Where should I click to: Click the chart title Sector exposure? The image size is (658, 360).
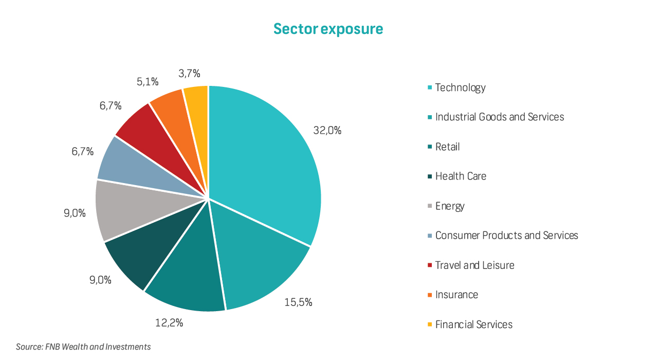(x=328, y=29)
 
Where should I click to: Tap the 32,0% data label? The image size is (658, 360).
(x=327, y=131)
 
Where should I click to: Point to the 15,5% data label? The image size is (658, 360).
(x=298, y=302)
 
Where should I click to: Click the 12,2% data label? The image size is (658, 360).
(x=169, y=323)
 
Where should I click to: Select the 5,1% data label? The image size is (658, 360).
(x=148, y=81)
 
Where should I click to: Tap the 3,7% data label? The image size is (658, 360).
(x=189, y=74)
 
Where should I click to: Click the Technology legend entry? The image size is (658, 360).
(x=460, y=87)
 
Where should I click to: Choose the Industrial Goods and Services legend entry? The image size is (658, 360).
(x=499, y=117)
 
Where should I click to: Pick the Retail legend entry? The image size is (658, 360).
(x=447, y=147)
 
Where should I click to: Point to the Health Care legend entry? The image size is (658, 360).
(x=461, y=176)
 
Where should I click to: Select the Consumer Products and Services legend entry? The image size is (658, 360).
(x=506, y=236)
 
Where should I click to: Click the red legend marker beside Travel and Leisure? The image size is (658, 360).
(x=429, y=265)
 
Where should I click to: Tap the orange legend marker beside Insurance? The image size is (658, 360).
(x=429, y=295)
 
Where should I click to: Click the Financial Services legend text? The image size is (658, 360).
(x=473, y=325)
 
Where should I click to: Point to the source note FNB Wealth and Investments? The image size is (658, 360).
(x=83, y=347)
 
